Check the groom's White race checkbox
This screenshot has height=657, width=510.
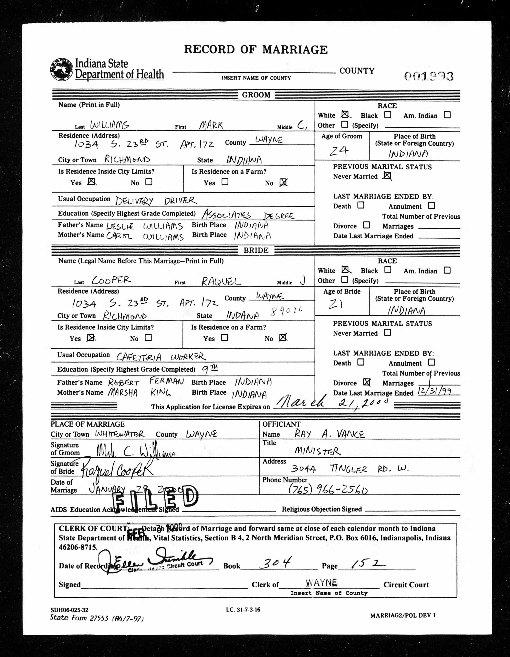[345, 115]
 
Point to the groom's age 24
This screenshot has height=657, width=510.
[339, 151]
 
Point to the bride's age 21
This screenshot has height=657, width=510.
[336, 305]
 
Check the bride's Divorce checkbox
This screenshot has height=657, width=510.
[366, 382]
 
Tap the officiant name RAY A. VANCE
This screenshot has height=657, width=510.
[329, 434]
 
